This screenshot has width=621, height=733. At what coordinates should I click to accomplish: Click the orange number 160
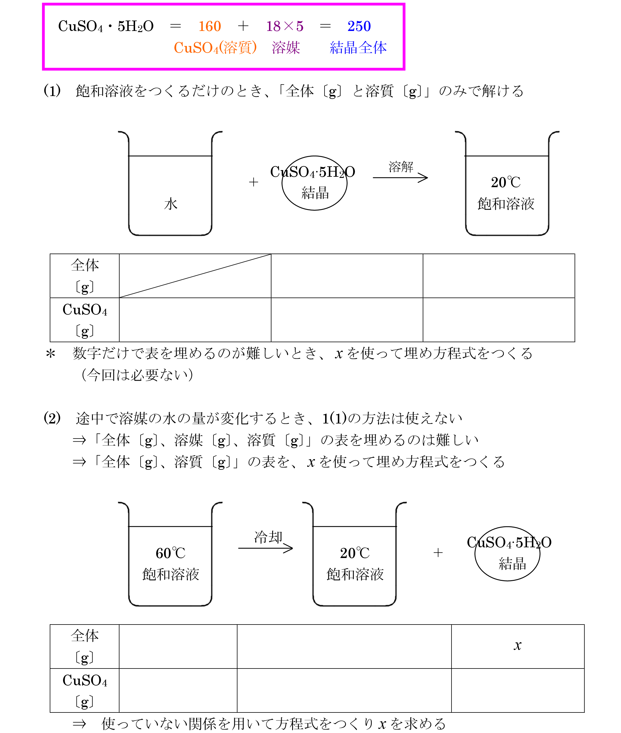[209, 26]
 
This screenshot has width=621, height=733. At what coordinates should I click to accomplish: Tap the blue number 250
[359, 26]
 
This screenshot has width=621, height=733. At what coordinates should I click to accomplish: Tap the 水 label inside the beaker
[171, 204]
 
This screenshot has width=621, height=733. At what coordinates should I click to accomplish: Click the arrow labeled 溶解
[400, 177]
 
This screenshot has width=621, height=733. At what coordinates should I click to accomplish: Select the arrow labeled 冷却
[266, 548]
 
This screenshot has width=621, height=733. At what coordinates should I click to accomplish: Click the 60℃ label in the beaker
[170, 553]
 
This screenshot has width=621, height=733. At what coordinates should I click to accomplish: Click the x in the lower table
[517, 645]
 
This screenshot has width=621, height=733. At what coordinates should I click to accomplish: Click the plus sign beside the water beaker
[253, 182]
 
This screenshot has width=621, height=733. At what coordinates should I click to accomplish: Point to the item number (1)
[52, 91]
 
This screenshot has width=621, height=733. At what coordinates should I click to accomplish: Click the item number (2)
[52, 418]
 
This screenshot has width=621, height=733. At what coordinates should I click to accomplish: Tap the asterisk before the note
[51, 353]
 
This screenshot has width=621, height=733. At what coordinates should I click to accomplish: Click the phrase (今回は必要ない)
[137, 375]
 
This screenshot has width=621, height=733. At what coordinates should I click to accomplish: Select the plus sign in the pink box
[243, 26]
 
